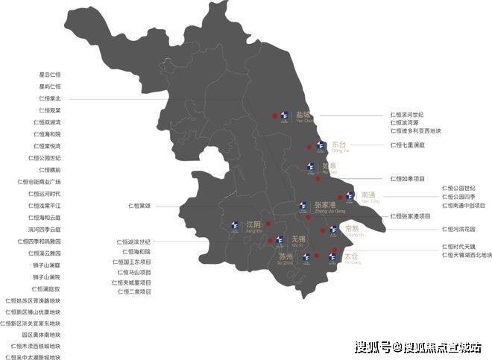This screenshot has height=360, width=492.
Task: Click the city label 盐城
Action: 303,115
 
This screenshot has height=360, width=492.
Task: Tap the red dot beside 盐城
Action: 275,116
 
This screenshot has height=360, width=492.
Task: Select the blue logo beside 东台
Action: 320,145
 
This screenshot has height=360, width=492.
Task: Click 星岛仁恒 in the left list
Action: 50,75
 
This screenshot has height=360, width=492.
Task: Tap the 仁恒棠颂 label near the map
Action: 139,205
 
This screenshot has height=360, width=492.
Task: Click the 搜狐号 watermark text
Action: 373,347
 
